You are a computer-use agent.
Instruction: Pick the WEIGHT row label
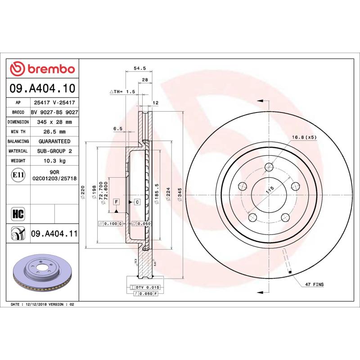pyautogui.click(x=18, y=161)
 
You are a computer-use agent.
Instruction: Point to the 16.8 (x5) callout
pyautogui.click(x=305, y=137)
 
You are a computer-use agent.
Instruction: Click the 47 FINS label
pyautogui.click(x=315, y=285)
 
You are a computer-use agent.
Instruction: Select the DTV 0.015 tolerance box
pyautogui.click(x=147, y=287)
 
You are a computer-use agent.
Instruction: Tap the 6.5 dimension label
pyautogui.click(x=118, y=129)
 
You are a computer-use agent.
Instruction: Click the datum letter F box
pyautogui.click(x=116, y=202)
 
